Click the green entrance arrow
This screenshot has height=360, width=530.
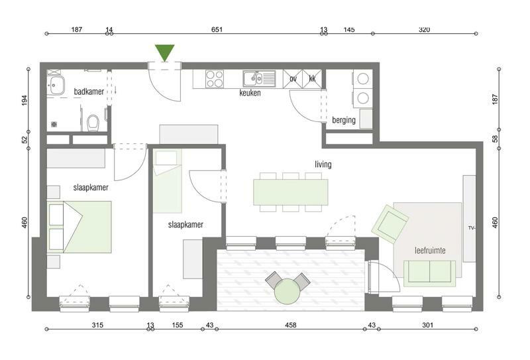coord(164,52)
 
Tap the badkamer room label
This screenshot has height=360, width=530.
coord(89,91)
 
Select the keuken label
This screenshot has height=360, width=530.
coord(250,93)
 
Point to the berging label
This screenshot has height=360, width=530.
coord(343,120)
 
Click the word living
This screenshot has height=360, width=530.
coord(323,164)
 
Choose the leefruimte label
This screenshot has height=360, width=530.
coord(430,251)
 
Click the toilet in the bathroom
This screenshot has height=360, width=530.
coord(92,123)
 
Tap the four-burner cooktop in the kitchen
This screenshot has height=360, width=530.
coord(214,79)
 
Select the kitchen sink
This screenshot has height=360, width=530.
coord(259,79)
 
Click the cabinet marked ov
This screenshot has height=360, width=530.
coord(293,79)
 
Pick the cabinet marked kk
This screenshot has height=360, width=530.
coord(312,79)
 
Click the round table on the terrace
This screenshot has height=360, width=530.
coord(287,291)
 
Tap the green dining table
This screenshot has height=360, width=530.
coord(291,192)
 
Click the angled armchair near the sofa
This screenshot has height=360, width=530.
coord(390,224)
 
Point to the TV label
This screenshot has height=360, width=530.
coord(472,228)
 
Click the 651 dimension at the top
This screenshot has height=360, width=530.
coord(217,29)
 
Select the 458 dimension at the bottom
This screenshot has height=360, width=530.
coord(290,325)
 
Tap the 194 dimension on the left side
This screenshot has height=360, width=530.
coord(25,100)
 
